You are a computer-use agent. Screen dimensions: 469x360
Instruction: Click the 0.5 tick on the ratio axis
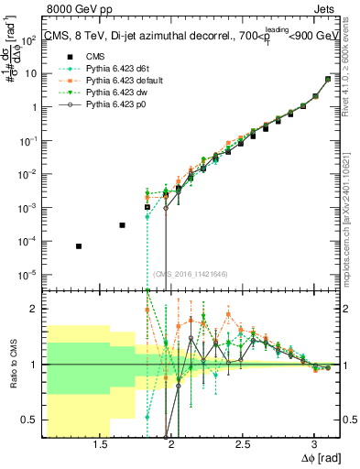click(32, 420)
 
